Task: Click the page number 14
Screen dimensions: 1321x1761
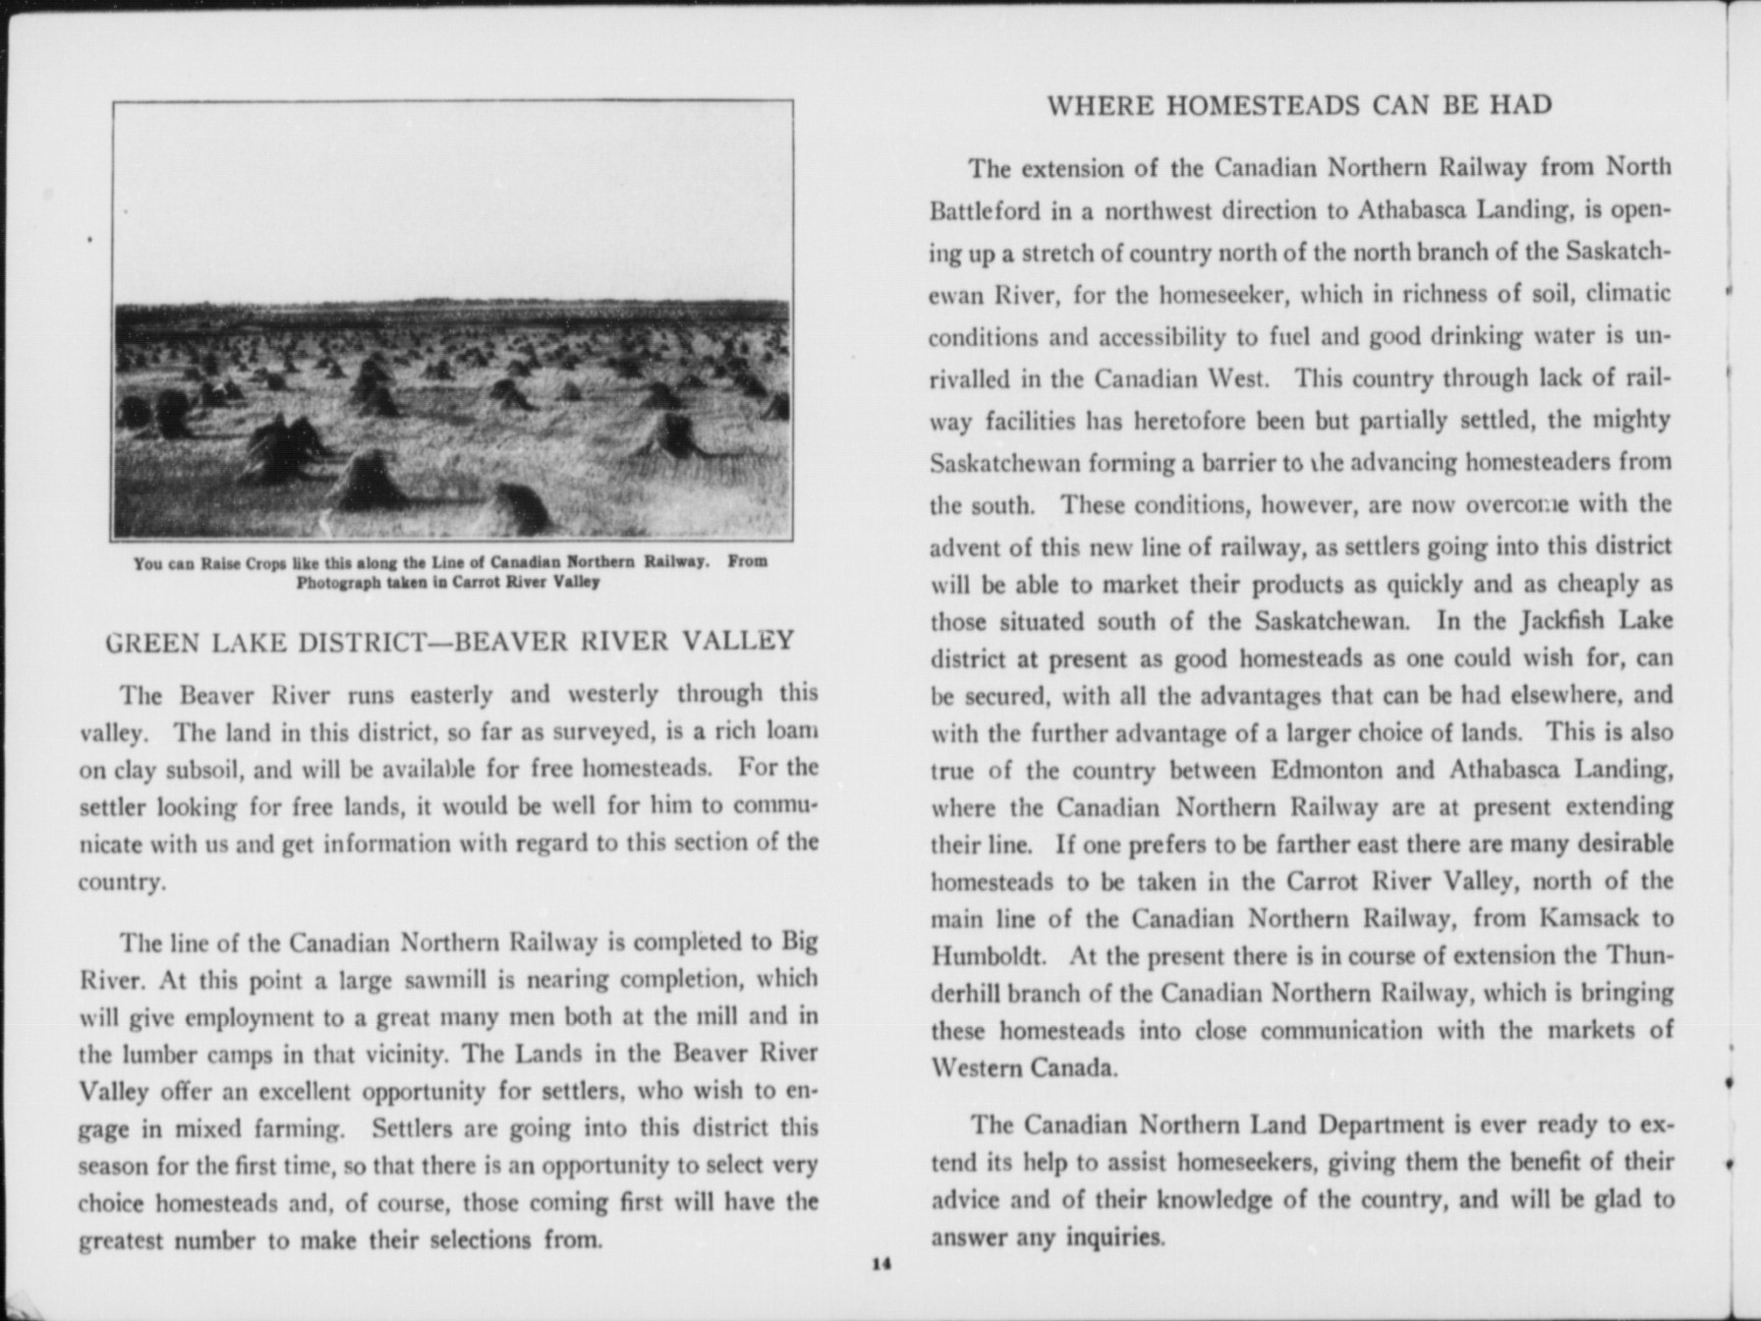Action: (880, 1264)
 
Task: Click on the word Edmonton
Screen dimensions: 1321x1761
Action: (1329, 769)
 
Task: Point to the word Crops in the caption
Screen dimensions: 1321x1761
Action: (263, 563)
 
